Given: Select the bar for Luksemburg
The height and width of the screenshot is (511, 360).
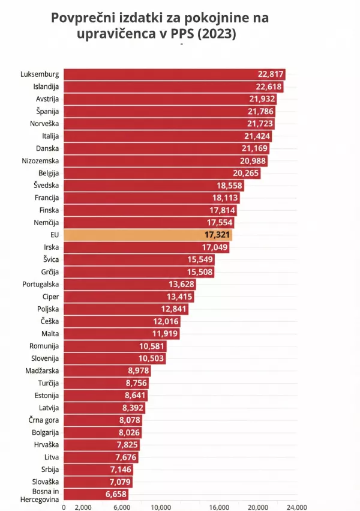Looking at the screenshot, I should tap(174, 74).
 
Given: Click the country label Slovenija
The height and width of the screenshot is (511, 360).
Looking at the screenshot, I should tap(44, 358).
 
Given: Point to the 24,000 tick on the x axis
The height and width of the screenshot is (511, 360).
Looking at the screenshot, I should tap(296, 507).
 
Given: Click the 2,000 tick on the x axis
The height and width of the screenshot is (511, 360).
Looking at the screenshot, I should tap(83, 507).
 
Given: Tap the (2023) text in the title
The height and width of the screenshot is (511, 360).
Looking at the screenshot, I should tap(217, 34).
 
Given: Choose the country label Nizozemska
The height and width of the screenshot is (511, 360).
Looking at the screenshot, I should tap(40, 161).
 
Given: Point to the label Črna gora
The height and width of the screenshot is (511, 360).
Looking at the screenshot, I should tap(43, 420).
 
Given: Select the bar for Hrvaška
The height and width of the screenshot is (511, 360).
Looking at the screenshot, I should tap(99, 444).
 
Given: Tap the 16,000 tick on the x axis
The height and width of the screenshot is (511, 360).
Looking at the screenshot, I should tap(220, 507).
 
